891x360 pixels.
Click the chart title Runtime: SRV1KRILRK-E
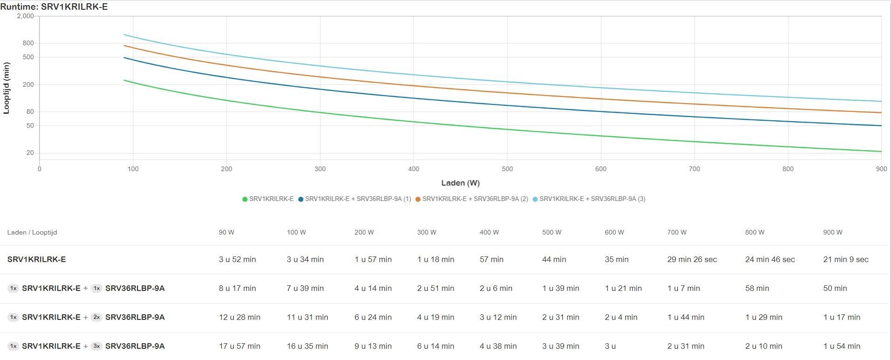point(54,7)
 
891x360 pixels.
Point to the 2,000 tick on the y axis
point(25,16)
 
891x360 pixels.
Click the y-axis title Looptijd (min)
point(7,88)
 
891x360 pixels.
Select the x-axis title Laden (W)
point(460,183)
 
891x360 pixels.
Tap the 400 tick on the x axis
point(414,169)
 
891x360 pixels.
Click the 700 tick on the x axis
point(694,169)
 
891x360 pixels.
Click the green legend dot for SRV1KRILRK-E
point(245,199)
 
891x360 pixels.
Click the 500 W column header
point(552,232)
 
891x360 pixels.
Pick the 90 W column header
point(227,232)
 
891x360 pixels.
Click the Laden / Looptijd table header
point(32,232)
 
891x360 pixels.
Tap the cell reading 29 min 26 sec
point(692,259)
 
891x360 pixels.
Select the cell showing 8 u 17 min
point(237,288)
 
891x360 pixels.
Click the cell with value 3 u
point(610,346)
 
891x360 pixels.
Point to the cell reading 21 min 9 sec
point(846,259)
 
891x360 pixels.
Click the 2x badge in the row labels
point(97,317)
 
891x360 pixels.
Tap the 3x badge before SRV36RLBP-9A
point(97,346)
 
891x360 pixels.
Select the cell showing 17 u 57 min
point(240,346)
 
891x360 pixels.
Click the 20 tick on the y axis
point(30,152)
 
